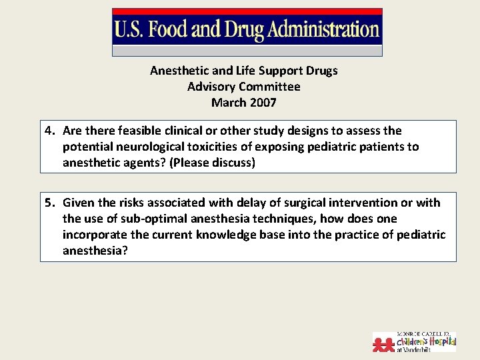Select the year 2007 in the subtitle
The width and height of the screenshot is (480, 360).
(263, 103)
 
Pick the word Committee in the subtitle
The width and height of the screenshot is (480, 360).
(269, 87)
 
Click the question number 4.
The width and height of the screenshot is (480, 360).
(49, 131)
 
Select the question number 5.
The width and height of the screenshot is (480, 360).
(49, 203)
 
